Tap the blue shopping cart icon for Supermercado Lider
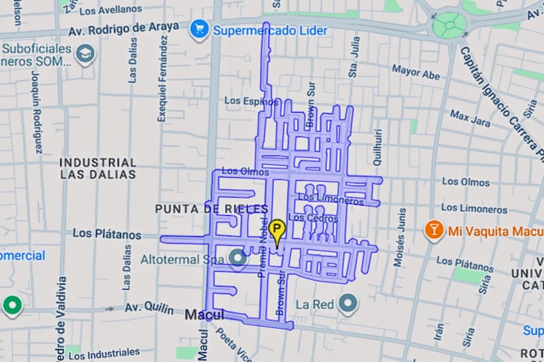[x=199, y=30]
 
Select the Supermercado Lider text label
[x=270, y=31]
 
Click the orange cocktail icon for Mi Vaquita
[x=432, y=231]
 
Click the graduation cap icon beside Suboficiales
[x=85, y=54]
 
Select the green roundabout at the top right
[x=450, y=25]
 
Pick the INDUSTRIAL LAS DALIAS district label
[x=98, y=168]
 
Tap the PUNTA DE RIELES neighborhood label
[x=211, y=209]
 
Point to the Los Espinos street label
[x=252, y=101]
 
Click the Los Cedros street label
[x=313, y=219]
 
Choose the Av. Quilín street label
[x=149, y=308]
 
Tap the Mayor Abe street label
[x=415, y=72]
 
